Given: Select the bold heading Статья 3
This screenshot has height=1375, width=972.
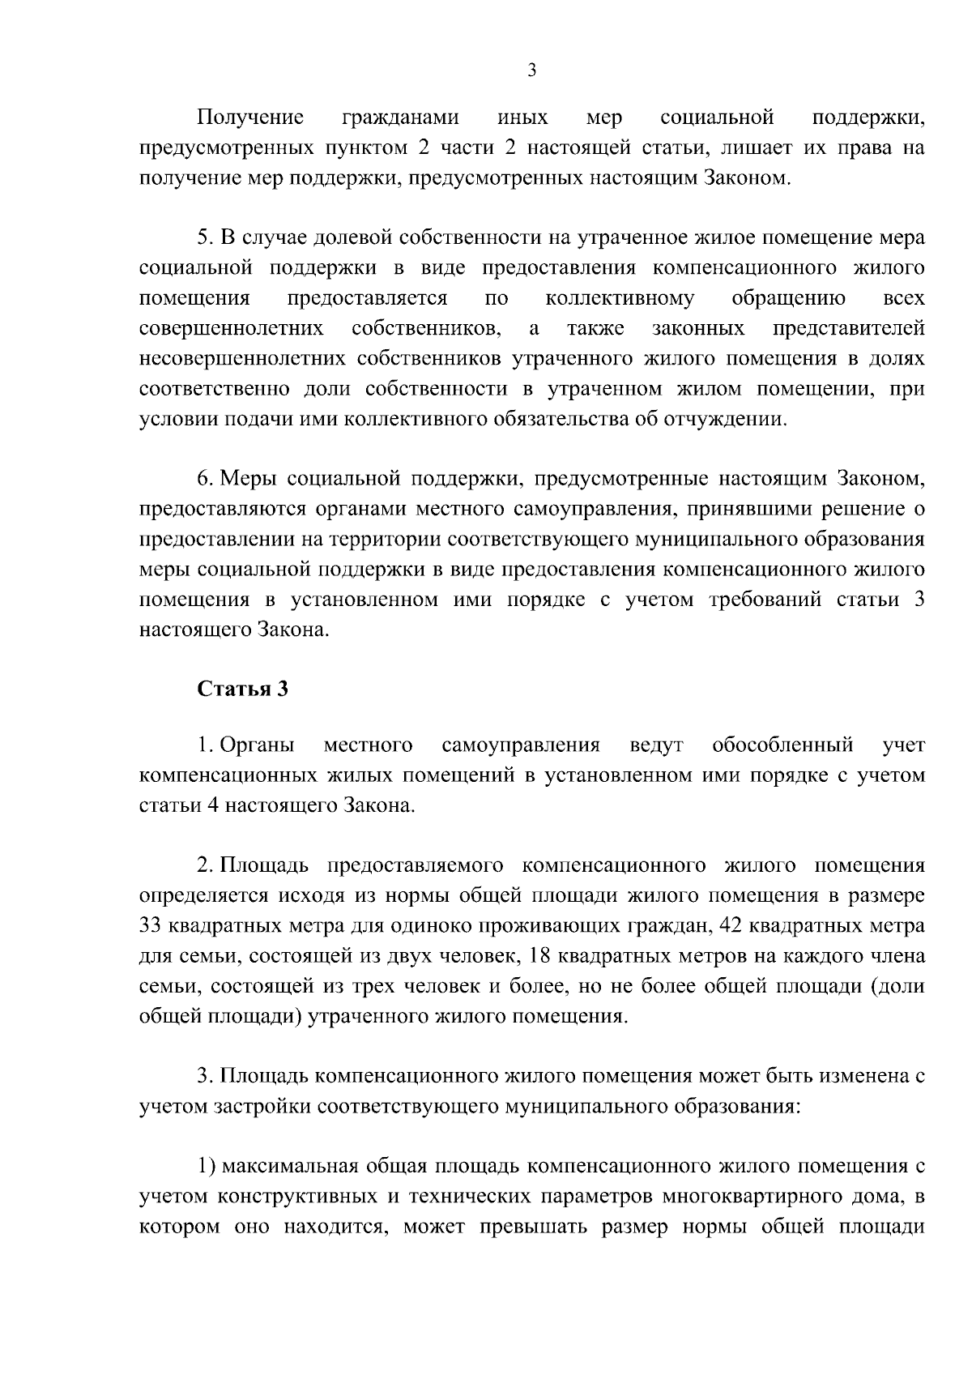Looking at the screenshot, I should [x=243, y=690].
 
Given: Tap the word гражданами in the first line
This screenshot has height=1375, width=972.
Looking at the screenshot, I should [x=400, y=118].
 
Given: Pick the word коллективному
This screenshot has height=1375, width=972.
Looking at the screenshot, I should [x=620, y=298].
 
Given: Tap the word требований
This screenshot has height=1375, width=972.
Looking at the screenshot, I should [x=768, y=600].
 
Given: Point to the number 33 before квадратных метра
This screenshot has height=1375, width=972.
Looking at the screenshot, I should [x=151, y=926].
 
